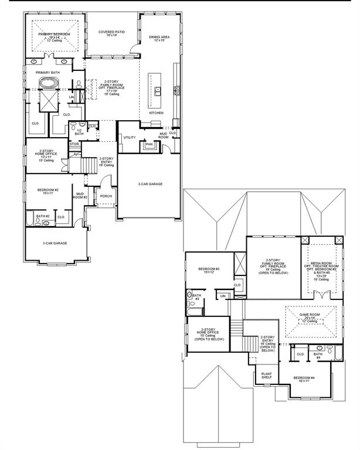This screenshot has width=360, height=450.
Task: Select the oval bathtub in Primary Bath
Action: (46, 84)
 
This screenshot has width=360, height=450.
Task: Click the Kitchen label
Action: (156, 112)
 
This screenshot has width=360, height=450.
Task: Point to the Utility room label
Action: (130, 137)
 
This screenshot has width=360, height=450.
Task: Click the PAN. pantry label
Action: (150, 144)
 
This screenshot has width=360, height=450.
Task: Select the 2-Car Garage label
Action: (150, 184)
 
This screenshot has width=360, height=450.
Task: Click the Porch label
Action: (106, 196)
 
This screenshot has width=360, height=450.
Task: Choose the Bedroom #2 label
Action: (49, 191)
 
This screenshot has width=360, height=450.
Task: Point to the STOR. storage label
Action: (74, 144)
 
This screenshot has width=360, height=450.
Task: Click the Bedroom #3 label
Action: (208, 270)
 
